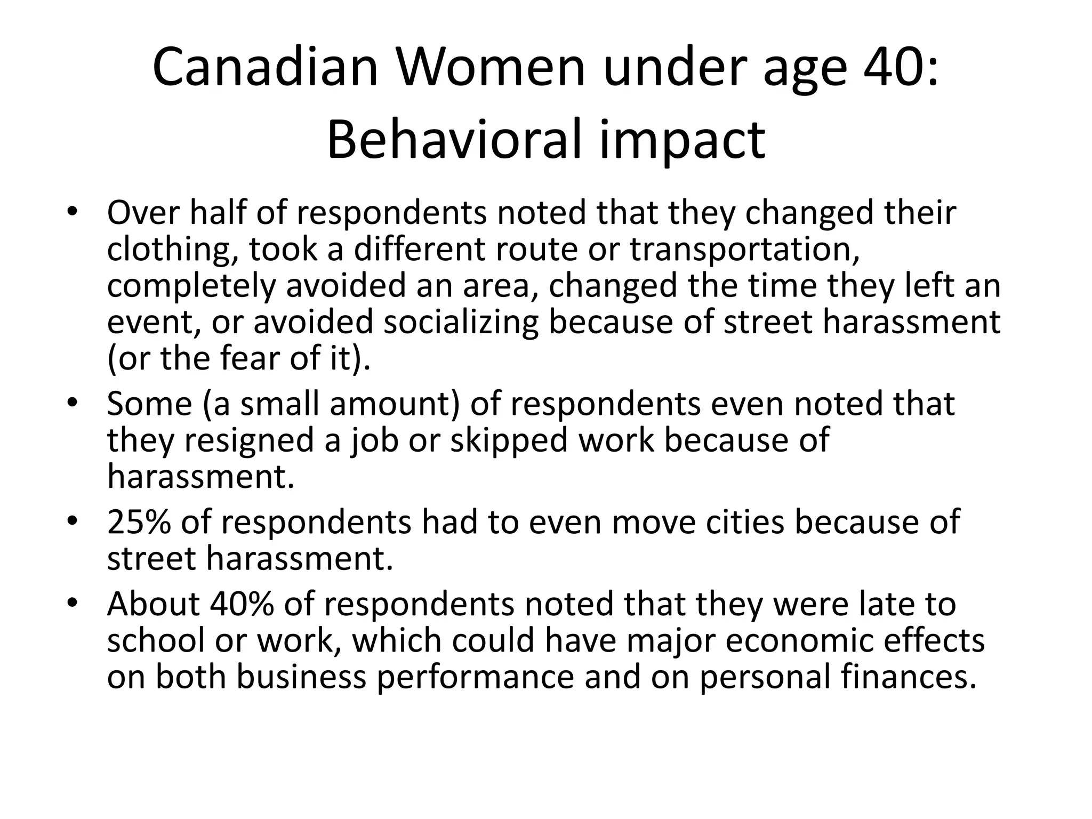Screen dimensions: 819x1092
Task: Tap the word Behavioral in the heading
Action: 453,140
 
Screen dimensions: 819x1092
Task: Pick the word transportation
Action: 743,249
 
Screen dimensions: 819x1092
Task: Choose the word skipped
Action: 509,440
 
